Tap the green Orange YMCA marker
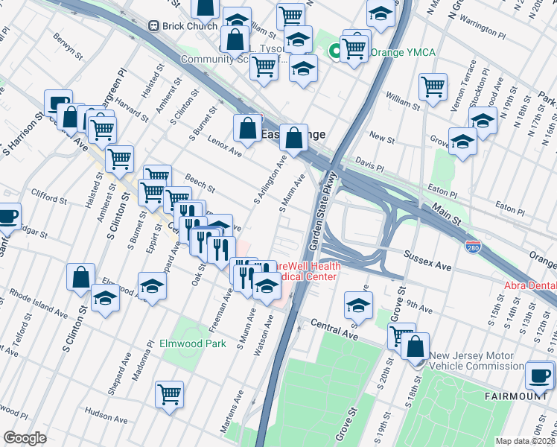click(x=335, y=51)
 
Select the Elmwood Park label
click(x=192, y=344)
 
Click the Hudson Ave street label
click(x=106, y=410)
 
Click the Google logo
click(x=25, y=437)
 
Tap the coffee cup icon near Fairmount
click(x=540, y=375)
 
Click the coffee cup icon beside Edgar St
click(x=8, y=217)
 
